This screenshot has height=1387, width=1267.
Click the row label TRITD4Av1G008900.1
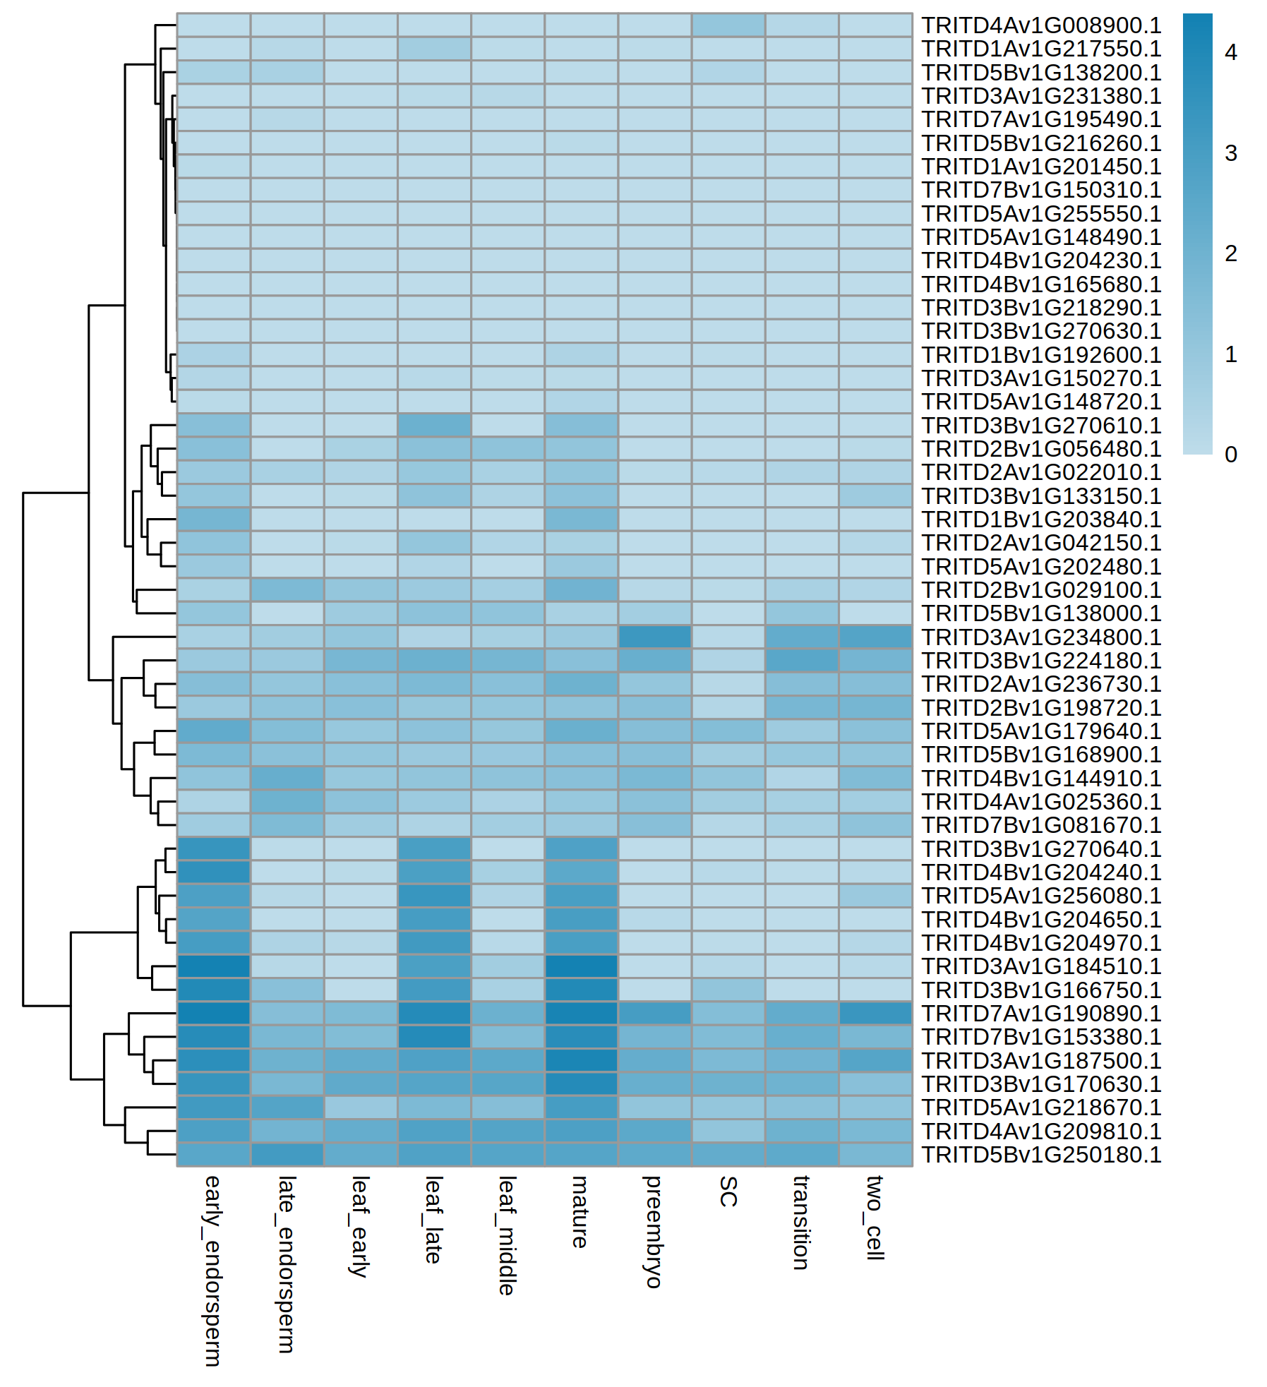(x=1041, y=25)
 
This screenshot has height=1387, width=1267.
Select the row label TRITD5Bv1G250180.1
(x=1041, y=1155)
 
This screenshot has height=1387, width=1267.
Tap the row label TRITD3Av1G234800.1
(x=1041, y=637)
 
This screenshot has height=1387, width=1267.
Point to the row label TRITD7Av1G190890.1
(x=1041, y=1014)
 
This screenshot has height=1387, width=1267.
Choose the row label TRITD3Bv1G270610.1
(x=1041, y=426)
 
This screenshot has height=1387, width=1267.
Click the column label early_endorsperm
(x=212, y=1271)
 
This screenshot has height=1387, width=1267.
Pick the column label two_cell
(x=875, y=1218)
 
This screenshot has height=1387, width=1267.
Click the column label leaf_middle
(x=507, y=1235)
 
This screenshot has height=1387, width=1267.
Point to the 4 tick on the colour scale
(x=1231, y=52)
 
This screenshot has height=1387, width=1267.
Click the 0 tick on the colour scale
(x=1231, y=455)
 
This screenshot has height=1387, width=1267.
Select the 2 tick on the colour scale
(x=1231, y=253)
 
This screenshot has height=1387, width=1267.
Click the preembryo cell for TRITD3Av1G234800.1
(x=654, y=637)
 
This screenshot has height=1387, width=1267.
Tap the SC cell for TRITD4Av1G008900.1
(x=728, y=25)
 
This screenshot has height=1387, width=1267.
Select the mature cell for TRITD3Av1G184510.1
(x=581, y=966)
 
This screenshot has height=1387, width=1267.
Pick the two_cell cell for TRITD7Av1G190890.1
(x=875, y=1014)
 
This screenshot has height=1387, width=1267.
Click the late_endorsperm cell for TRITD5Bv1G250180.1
(x=287, y=1155)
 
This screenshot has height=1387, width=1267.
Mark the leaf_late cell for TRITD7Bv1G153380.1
(x=434, y=1037)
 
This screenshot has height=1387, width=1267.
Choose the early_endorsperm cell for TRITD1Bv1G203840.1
(x=213, y=520)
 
